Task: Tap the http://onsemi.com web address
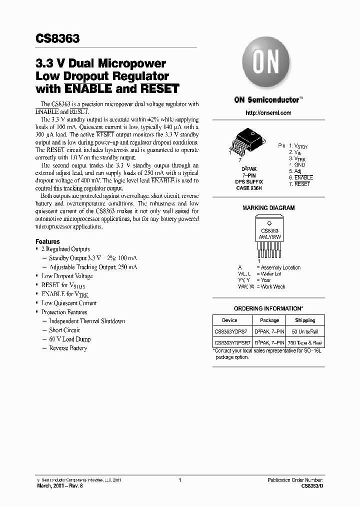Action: pos(268,113)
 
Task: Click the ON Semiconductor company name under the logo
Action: pos(267,99)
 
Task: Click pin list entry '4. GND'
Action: pos(297,164)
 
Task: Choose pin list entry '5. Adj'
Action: pos(295,171)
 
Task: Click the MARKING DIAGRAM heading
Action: pos(268,208)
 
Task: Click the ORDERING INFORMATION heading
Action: pos(268,308)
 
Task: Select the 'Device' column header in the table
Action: pos(230,320)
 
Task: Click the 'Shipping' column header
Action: pos(305,320)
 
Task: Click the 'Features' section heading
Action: pos(47,241)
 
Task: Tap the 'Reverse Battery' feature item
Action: pos(68,348)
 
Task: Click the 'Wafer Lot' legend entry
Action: pos(270,274)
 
